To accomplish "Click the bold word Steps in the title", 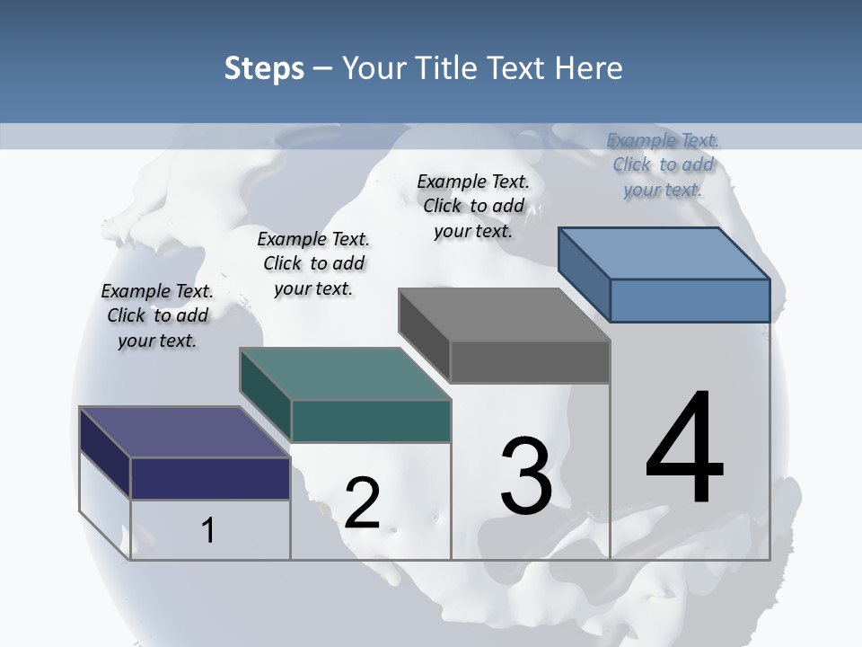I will (264, 68).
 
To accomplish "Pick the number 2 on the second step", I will (362, 503).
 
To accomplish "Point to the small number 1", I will (208, 530).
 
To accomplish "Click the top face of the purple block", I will (184, 432).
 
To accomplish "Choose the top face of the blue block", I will (664, 253).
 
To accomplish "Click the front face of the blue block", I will (690, 300).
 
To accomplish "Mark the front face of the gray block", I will (530, 362).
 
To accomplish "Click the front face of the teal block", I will (370, 421).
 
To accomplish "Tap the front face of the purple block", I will (210, 478).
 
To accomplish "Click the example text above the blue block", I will (663, 164).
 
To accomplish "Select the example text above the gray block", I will (473, 206).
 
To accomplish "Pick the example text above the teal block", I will (313, 263).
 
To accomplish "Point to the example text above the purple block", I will (157, 315).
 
